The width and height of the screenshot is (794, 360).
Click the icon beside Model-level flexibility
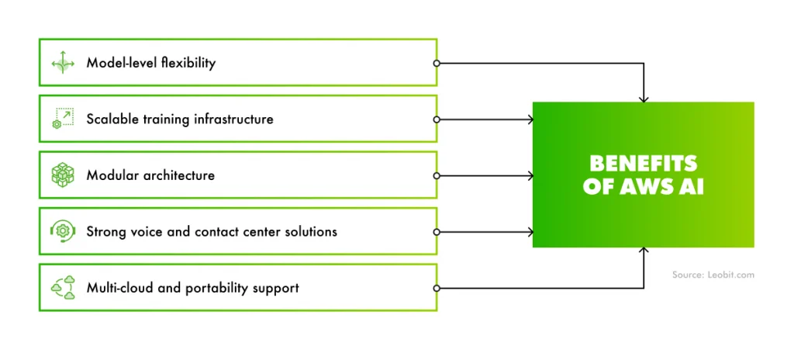tap(63, 63)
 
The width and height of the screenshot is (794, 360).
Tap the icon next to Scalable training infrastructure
tap(63, 119)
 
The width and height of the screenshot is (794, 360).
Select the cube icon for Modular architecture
tap(63, 175)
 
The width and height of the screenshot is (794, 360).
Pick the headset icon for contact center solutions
tap(63, 231)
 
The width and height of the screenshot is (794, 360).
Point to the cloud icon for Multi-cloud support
tap(63, 288)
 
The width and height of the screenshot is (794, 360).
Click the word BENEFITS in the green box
tap(643, 164)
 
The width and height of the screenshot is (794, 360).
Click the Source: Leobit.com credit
tap(713, 275)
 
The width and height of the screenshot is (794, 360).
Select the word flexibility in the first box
tap(188, 63)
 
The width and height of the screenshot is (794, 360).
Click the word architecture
tap(179, 175)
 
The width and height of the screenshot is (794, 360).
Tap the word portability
tap(223, 288)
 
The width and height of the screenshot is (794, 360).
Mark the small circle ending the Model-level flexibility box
tap(437, 63)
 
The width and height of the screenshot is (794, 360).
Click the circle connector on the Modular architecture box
tap(437, 175)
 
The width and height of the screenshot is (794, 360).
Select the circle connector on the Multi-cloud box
tap(437, 288)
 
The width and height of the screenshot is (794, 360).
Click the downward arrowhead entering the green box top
tap(643, 99)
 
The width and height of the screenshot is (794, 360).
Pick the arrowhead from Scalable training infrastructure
tap(530, 119)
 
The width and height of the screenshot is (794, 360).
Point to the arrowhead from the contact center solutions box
tap(530, 231)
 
